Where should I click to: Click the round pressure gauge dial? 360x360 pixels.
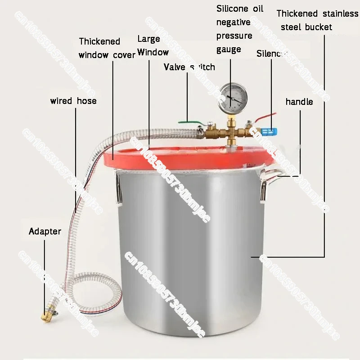(x=231, y=96)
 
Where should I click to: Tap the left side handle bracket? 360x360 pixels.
(x=118, y=187)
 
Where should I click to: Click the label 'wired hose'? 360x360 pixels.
(x=73, y=101)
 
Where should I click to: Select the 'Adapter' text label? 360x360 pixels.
(x=45, y=232)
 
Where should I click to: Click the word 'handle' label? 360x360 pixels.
(x=299, y=102)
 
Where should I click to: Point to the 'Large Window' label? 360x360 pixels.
(x=153, y=46)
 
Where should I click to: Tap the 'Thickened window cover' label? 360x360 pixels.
(x=106, y=48)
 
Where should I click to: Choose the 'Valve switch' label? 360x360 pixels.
(x=189, y=67)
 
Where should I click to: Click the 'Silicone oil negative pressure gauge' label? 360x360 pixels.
(x=240, y=29)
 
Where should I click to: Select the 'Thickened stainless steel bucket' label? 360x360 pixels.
(x=317, y=20)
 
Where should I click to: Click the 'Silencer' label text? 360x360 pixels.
(x=271, y=54)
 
